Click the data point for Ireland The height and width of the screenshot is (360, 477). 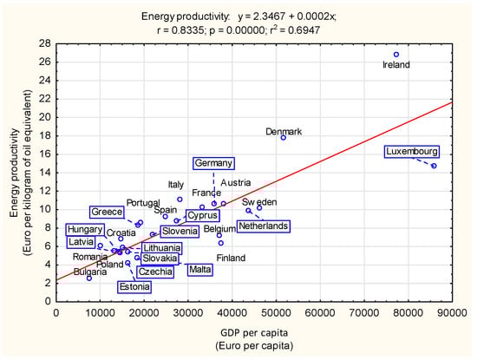[x=396, y=55]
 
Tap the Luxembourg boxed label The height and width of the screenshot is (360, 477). [x=412, y=152]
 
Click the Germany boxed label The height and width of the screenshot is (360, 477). [x=213, y=163]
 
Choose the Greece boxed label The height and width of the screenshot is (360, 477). [x=106, y=212]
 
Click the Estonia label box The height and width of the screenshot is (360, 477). [x=134, y=286]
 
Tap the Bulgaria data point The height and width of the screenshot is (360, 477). [x=89, y=278]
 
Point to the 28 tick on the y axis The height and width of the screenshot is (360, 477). [x=45, y=41]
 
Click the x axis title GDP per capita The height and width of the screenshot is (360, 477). [x=253, y=331]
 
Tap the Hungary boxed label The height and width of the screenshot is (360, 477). [x=84, y=230]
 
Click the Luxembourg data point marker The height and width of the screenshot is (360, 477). [x=434, y=166]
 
